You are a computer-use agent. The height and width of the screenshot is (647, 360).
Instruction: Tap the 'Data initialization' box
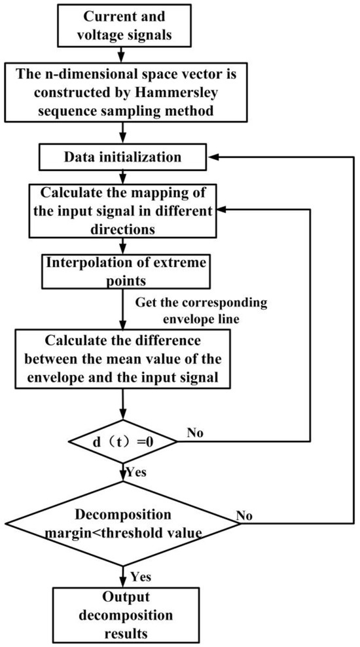pos(122,157)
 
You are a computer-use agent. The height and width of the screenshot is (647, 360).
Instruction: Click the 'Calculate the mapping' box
pos(122,210)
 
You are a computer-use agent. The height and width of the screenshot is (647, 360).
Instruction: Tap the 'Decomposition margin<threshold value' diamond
pos(122,523)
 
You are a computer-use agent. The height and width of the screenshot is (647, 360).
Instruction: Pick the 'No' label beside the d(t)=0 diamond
pos(196,434)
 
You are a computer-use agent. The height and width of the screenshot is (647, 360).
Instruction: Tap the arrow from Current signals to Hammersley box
pos(122,53)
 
